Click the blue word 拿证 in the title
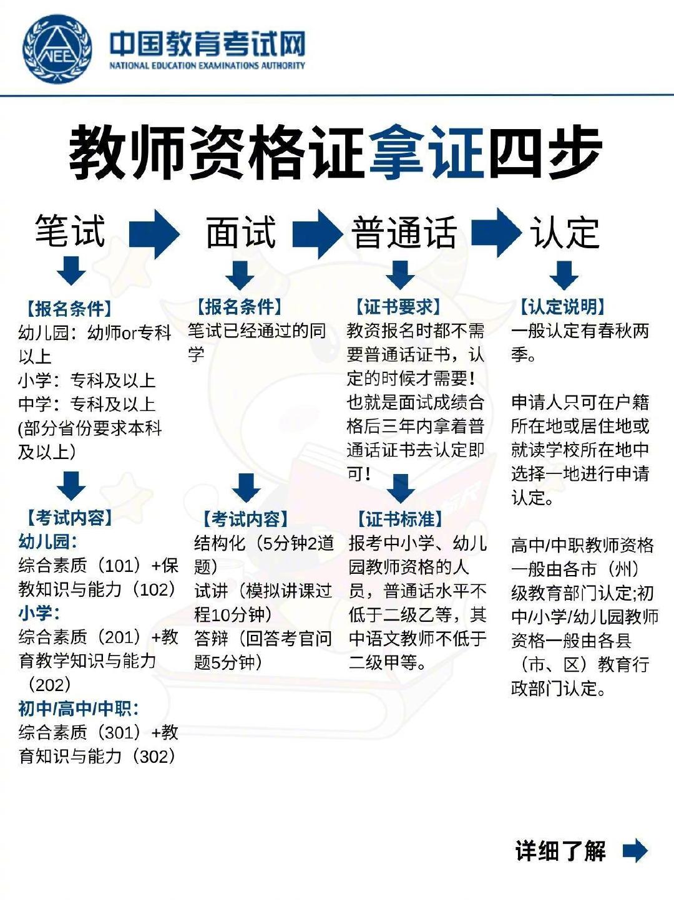[x=427, y=152]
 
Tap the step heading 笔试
[x=70, y=231]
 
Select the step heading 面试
[x=241, y=231]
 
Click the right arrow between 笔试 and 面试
[x=154, y=233]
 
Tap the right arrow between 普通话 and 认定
[x=496, y=232]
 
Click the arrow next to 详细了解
[x=635, y=850]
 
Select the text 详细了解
[x=560, y=851]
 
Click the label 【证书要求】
[x=398, y=307]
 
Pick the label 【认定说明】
[x=563, y=307]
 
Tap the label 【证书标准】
[x=400, y=519]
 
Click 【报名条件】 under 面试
[x=240, y=307]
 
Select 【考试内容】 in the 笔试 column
[x=70, y=518]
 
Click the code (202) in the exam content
[x=50, y=685]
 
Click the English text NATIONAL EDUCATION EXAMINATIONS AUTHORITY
[x=207, y=65]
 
